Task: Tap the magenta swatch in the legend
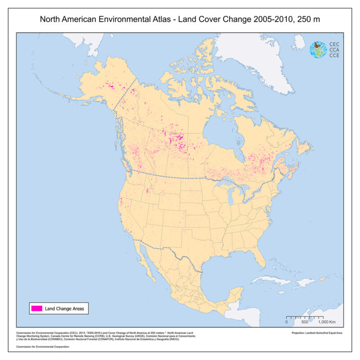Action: tap(36, 308)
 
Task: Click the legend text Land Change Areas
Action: tap(64, 308)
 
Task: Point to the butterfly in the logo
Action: tap(317, 45)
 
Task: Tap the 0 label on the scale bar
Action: tap(287, 322)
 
